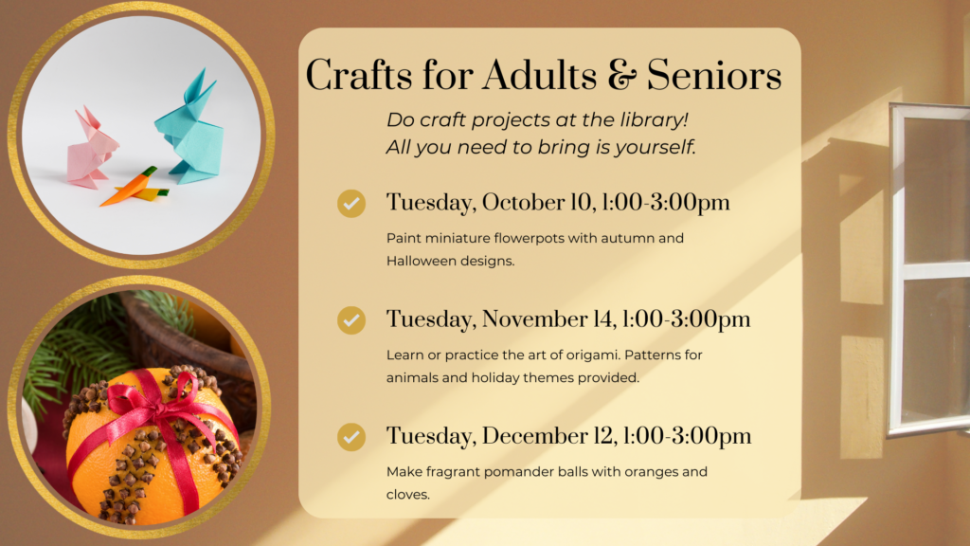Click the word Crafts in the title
pyautogui.click(x=359, y=76)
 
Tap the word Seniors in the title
pyautogui.click(x=714, y=76)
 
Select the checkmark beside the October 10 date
pyautogui.click(x=351, y=204)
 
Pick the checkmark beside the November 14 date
pyautogui.click(x=351, y=320)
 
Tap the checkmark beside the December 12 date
pyautogui.click(x=351, y=437)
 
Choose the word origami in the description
pyautogui.click(x=592, y=355)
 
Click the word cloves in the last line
pyautogui.click(x=407, y=495)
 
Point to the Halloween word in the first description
pyautogui.click(x=420, y=262)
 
